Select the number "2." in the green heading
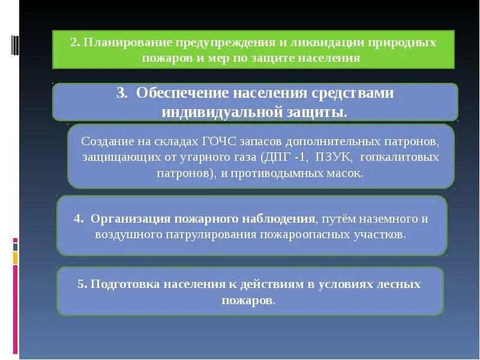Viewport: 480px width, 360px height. (x=75, y=44)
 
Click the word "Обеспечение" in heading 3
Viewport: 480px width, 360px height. (x=179, y=94)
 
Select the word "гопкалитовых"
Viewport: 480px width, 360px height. (x=406, y=157)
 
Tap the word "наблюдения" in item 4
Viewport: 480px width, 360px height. (x=281, y=218)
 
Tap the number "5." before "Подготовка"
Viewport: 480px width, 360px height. (x=82, y=284)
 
